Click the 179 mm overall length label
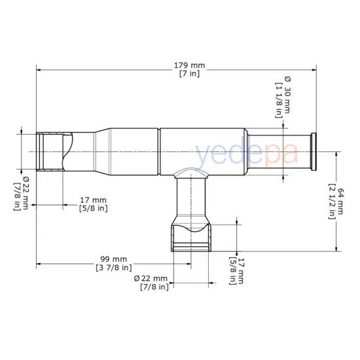click(190, 65)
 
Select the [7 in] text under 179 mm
click(190, 74)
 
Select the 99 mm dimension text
click(112, 259)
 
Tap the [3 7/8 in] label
click(112, 268)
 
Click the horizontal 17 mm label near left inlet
click(92, 200)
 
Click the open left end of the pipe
click(40, 152)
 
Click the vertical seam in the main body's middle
click(160, 152)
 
